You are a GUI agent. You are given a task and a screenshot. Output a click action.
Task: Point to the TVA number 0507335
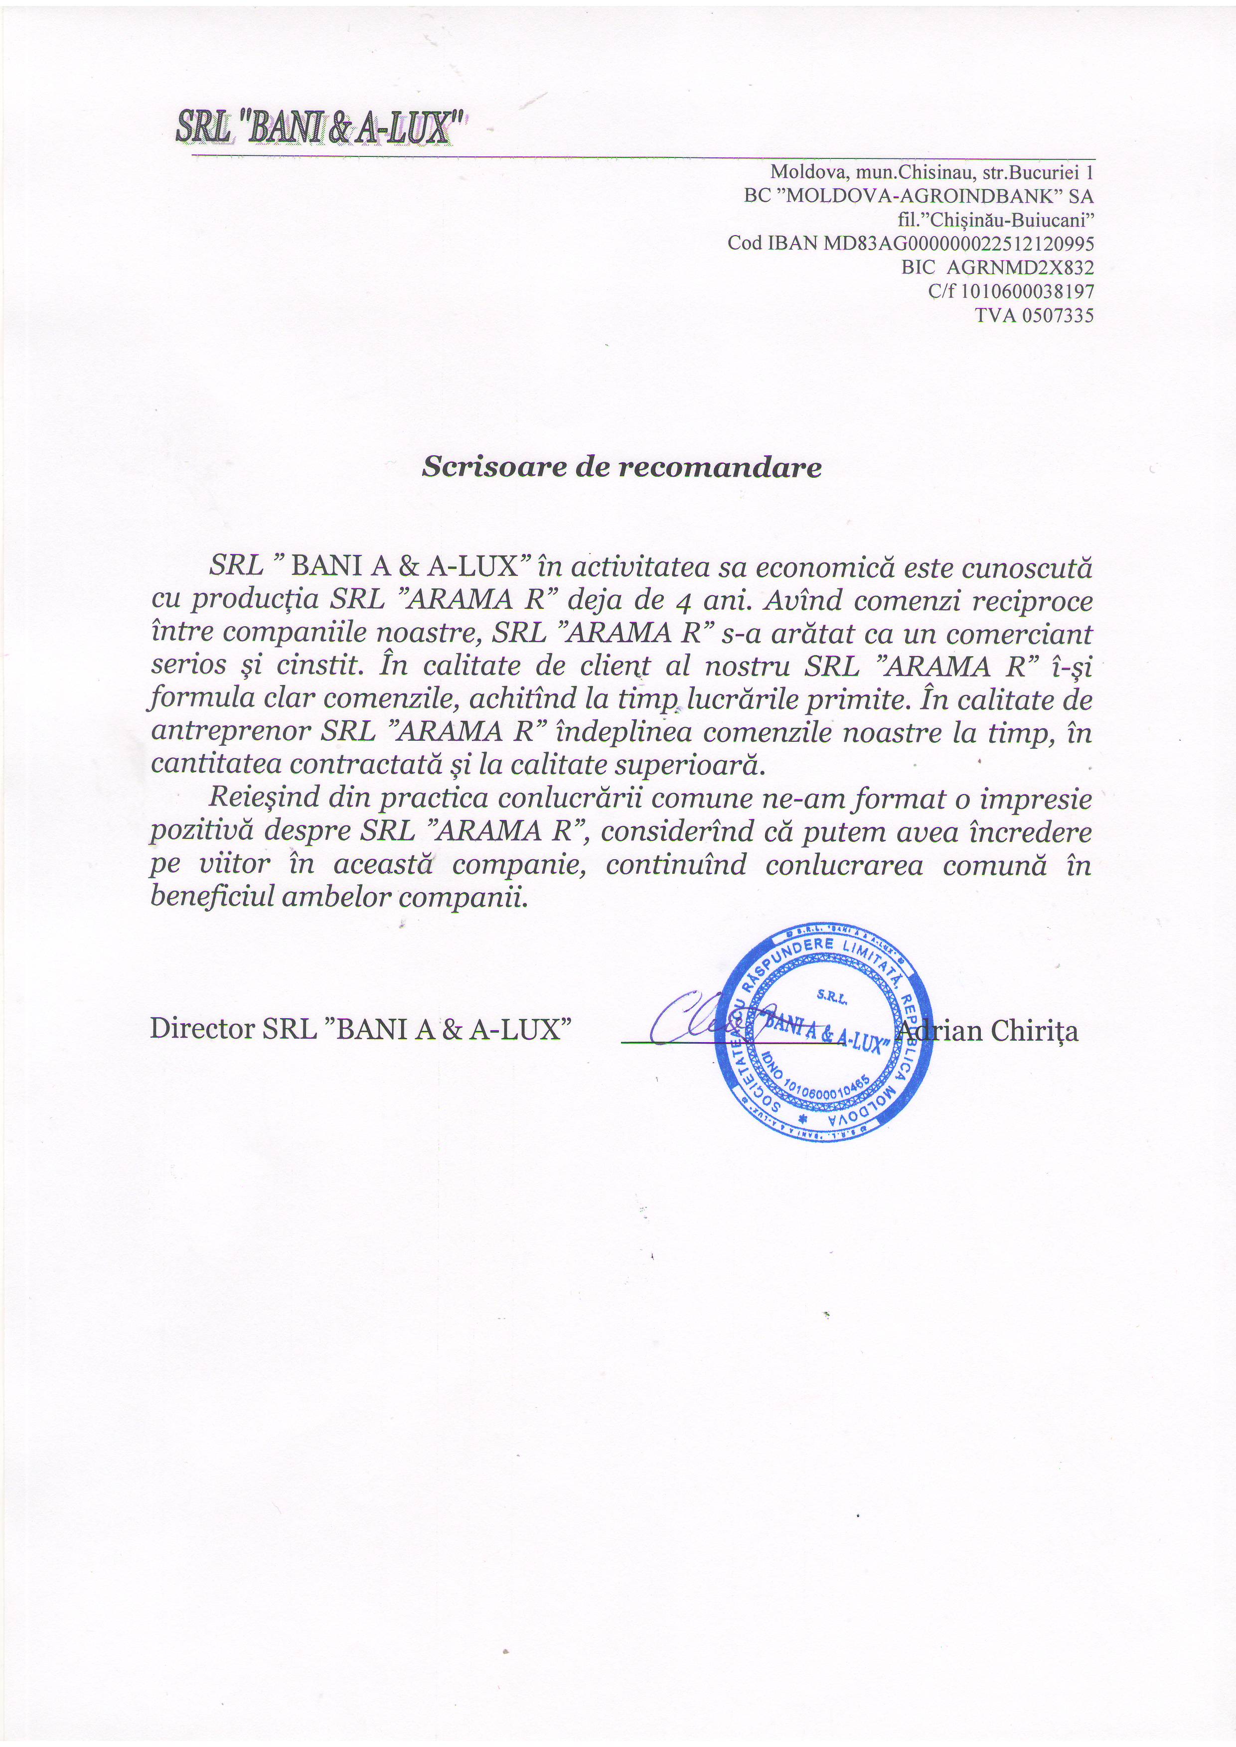point(1057,315)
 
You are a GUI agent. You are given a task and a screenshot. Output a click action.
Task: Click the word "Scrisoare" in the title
point(495,466)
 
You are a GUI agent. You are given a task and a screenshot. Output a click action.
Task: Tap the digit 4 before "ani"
point(683,602)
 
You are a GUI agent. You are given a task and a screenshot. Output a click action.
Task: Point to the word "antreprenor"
point(229,731)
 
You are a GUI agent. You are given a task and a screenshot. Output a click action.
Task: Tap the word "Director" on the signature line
point(202,1029)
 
